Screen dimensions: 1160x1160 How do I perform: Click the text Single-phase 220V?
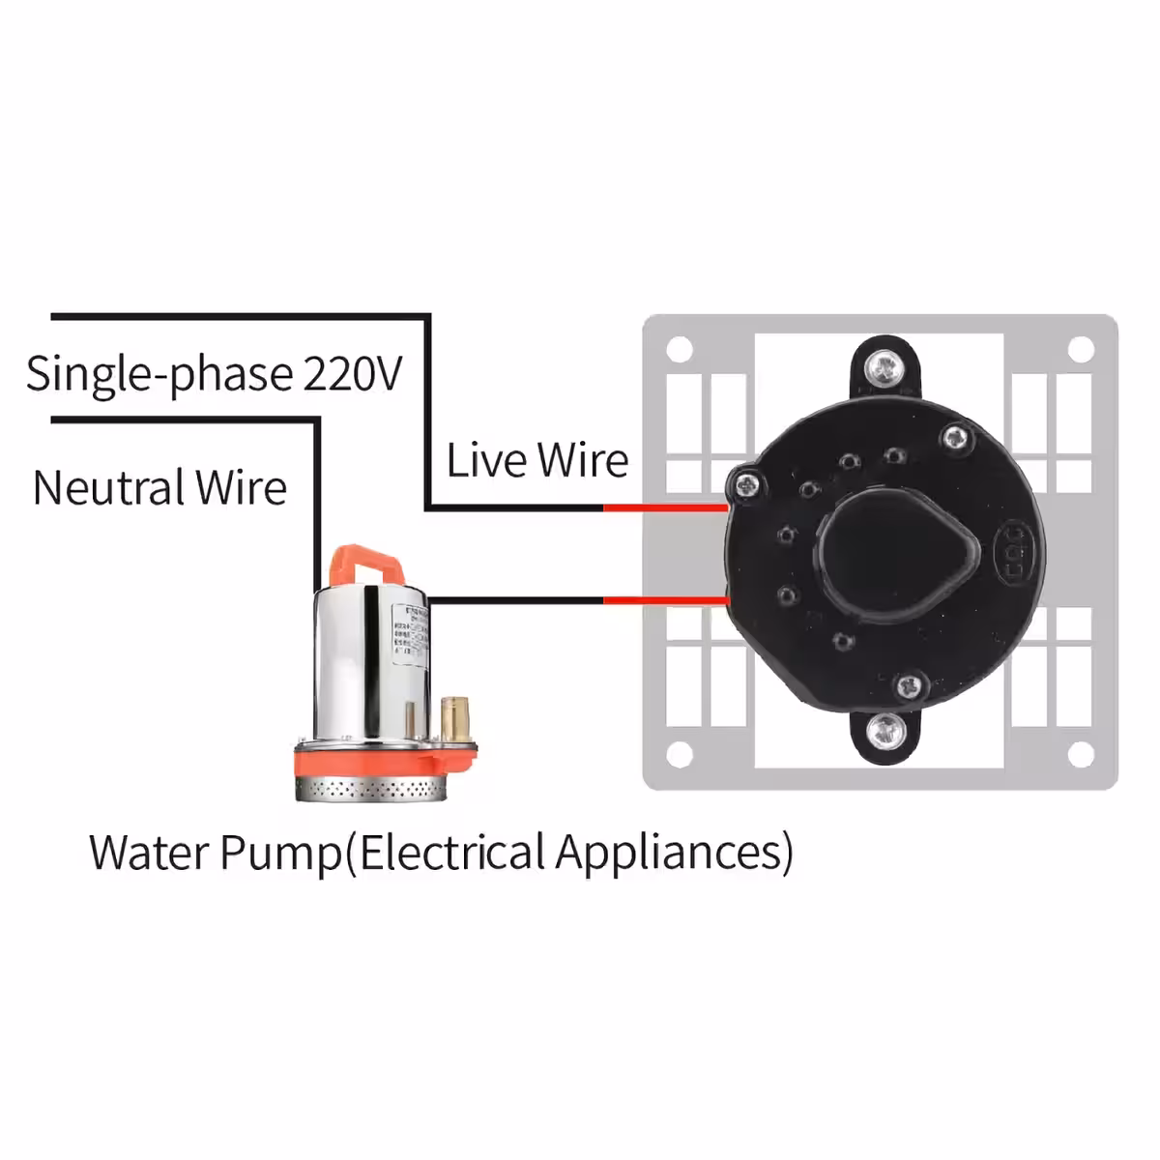[x=213, y=374]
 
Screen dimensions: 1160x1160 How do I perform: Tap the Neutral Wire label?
[x=159, y=488]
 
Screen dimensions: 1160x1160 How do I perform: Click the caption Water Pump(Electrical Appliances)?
[x=441, y=853]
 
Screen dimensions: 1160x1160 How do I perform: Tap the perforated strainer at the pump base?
[x=371, y=789]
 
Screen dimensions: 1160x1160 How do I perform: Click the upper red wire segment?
[x=665, y=507]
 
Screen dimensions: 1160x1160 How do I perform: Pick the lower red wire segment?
[x=665, y=600]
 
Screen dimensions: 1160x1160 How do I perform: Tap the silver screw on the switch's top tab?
[x=884, y=365]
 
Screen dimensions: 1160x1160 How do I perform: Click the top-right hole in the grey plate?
[x=1082, y=348]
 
